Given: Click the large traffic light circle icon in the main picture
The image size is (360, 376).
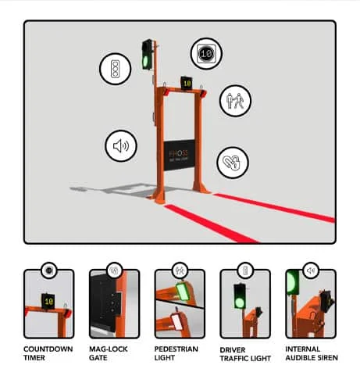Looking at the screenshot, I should pos(114,68).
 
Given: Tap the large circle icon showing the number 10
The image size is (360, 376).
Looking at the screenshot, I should pos(205,54).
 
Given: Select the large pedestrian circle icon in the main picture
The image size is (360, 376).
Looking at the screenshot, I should pos(234,100).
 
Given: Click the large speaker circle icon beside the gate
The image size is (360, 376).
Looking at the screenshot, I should pos(121,145).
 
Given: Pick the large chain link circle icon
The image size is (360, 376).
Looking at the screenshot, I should pos(232,163).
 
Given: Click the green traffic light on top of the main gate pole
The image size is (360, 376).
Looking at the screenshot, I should pos(147,56).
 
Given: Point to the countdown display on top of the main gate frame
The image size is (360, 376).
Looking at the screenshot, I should pos(187,81).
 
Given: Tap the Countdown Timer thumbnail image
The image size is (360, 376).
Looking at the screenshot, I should pos(48,304).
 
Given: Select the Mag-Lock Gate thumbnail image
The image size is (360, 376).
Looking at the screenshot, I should pos(114,304).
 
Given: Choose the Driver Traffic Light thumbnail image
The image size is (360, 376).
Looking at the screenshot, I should pos(245,304).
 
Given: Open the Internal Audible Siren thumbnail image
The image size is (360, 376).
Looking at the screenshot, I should pos(311,304).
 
